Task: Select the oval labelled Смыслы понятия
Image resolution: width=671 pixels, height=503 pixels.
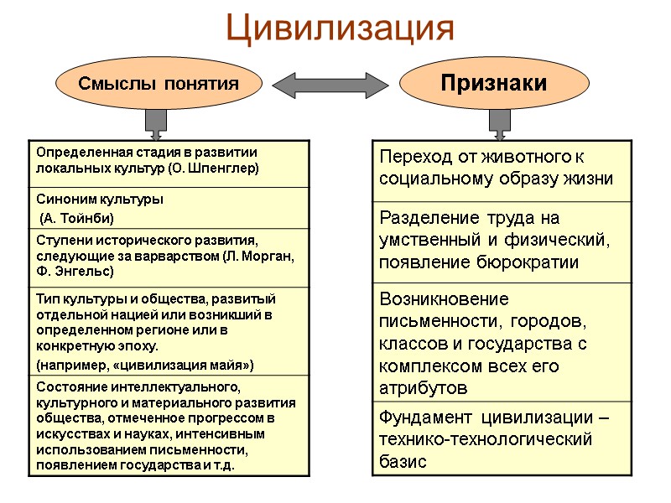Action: (x=159, y=84)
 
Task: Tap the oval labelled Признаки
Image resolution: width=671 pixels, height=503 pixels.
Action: (x=494, y=83)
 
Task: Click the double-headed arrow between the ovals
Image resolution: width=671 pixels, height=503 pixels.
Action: (x=330, y=84)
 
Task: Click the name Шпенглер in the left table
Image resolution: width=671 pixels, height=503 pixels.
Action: (x=226, y=168)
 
